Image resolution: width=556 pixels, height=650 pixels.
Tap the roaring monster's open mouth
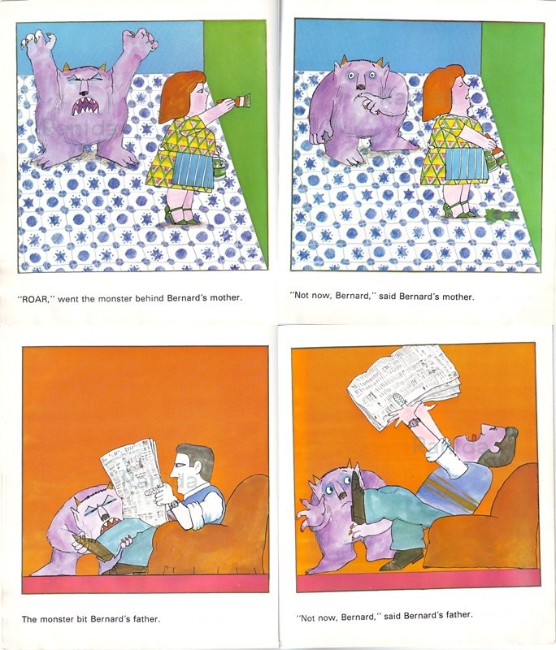click(83, 103)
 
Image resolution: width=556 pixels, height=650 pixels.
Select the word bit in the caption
click(87, 619)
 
